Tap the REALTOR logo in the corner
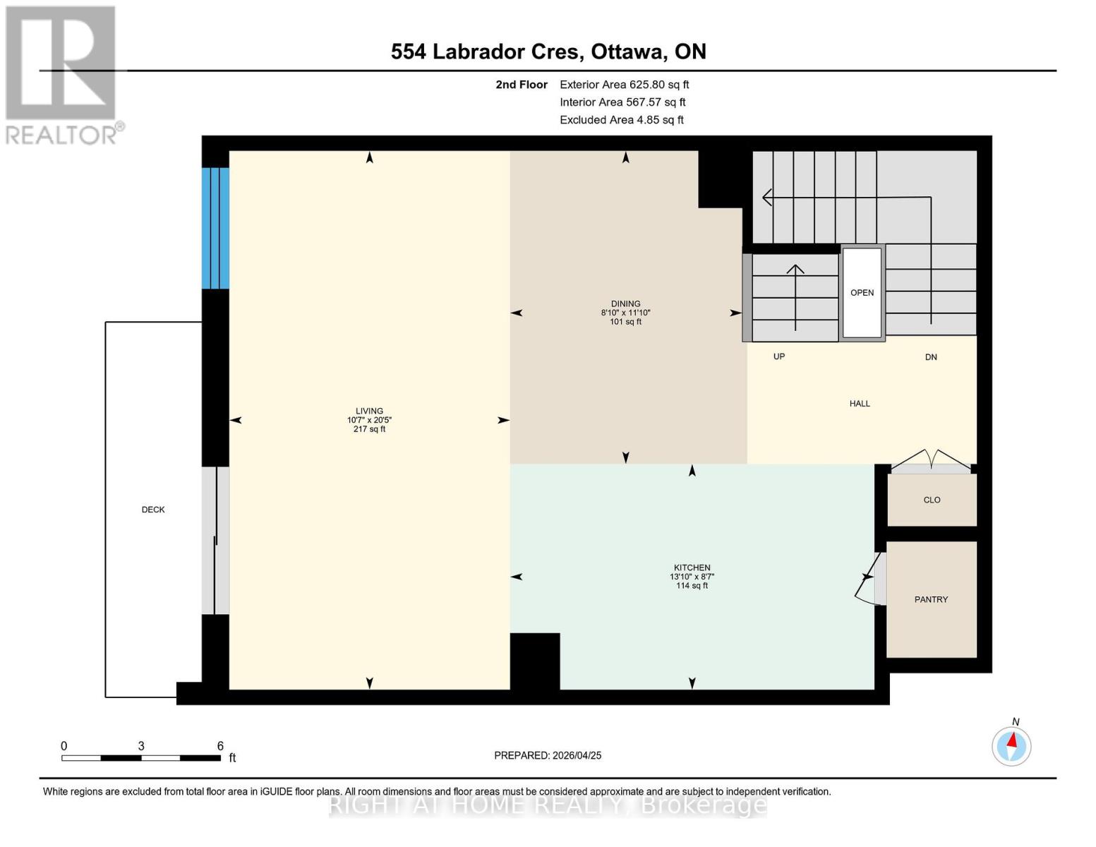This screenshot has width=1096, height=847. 62,74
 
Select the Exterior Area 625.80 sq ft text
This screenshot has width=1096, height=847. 624,85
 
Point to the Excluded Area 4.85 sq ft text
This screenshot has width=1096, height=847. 621,120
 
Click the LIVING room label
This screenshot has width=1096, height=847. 369,411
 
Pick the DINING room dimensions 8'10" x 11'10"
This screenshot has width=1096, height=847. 625,313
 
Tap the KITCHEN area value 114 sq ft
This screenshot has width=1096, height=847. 692,586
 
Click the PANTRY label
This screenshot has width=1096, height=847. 931,599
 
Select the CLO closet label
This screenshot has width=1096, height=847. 932,500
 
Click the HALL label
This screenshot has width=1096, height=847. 860,404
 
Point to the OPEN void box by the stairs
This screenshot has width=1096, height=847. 862,292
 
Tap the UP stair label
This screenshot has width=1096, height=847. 779,356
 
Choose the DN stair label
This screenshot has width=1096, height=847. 931,357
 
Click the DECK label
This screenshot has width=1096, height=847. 153,510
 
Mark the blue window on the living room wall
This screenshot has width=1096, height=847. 215,228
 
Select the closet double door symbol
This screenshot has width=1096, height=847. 931,461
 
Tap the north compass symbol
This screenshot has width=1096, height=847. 1011,745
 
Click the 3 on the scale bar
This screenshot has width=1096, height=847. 141,746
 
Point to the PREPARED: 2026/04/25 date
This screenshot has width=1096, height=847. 548,755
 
